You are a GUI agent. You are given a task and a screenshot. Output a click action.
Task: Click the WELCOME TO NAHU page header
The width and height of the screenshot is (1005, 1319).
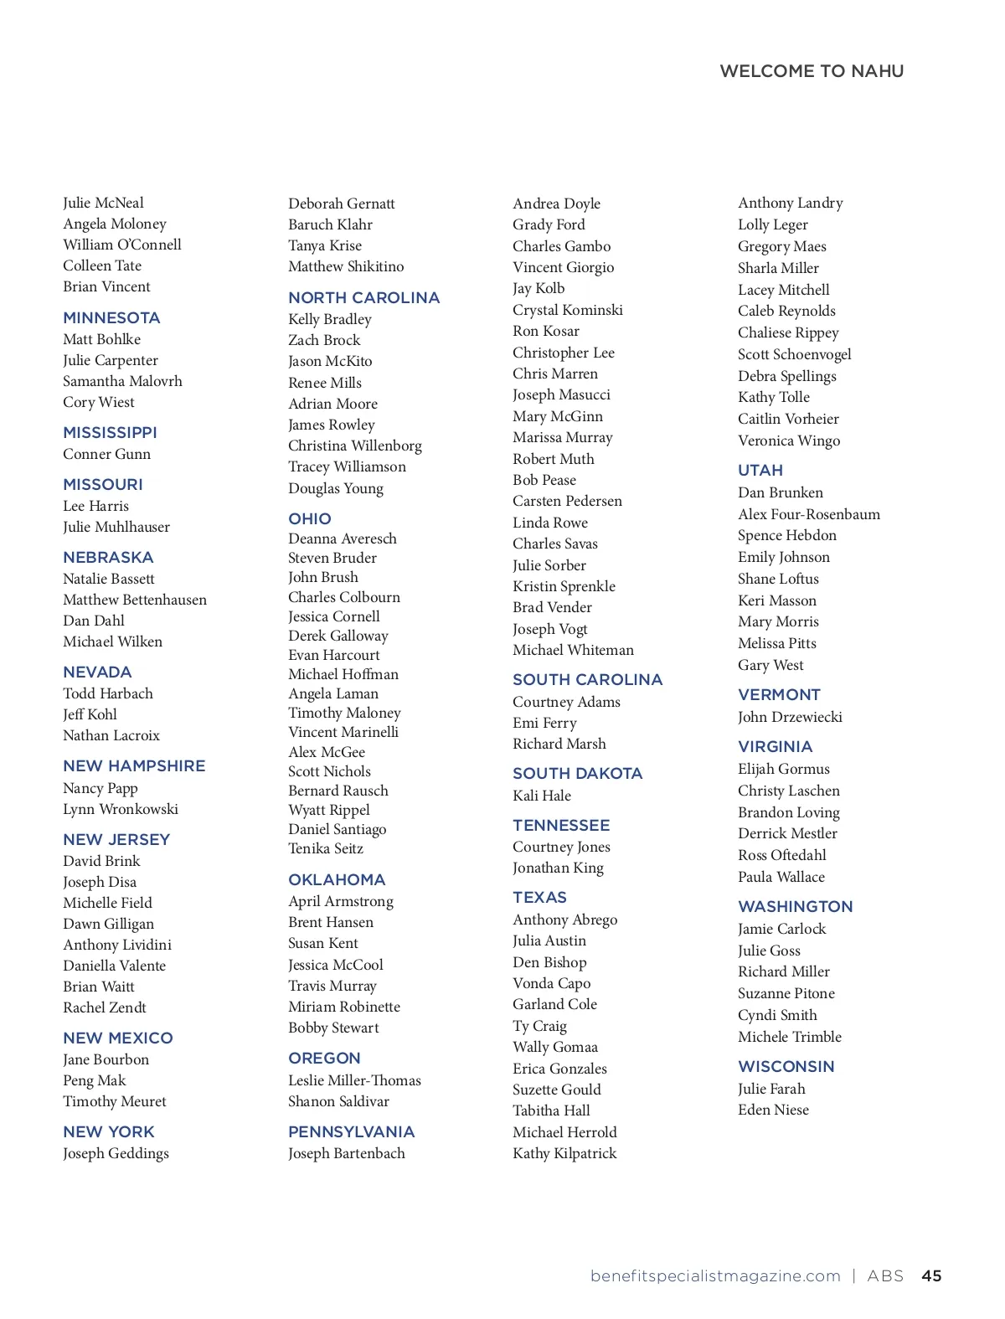pos(812,71)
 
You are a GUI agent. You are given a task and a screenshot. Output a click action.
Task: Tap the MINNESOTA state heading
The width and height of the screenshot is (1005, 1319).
pos(111,318)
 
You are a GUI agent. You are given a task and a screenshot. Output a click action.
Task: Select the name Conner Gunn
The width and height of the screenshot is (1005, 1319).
pos(106,454)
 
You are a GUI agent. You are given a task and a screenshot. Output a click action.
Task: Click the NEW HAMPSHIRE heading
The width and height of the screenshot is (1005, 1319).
pos(134,766)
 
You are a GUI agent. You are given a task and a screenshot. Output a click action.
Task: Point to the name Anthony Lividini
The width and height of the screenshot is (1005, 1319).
pos(117,945)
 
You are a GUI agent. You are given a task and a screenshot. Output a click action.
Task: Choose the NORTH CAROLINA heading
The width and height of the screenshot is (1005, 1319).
pos(363,298)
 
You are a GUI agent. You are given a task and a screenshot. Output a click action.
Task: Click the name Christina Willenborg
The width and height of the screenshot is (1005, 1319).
pos(355,446)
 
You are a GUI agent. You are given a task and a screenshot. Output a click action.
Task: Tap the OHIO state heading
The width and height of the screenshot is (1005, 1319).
pos(310,519)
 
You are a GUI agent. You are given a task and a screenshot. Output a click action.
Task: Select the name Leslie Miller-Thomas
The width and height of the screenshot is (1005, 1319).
pos(354,1080)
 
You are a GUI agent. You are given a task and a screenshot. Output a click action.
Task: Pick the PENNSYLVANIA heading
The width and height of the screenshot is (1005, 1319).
pos(351,1132)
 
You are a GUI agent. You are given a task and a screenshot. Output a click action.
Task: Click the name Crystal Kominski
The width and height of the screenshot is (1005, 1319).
pos(568,310)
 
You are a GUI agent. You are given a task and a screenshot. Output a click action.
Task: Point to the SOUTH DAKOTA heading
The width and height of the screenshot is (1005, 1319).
pos(577,774)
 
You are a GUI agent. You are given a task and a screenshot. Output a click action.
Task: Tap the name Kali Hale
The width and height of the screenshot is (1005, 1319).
pos(542,796)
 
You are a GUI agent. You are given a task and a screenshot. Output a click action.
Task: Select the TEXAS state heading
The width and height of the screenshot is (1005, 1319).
pos(539,898)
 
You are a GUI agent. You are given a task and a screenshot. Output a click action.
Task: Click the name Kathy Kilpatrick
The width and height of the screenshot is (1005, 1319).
pos(564,1153)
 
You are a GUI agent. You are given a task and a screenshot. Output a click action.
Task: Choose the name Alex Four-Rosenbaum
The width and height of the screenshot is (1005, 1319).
pos(809,514)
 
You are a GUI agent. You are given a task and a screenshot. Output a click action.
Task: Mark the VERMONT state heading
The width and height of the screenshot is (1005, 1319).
pos(779,695)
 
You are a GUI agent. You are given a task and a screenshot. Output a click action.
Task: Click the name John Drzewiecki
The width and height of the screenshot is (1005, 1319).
pos(790,717)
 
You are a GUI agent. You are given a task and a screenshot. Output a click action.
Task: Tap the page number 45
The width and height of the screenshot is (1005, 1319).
pos(931,1276)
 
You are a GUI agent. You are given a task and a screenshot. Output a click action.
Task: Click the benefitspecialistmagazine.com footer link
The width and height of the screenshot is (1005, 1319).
pos(715,1276)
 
